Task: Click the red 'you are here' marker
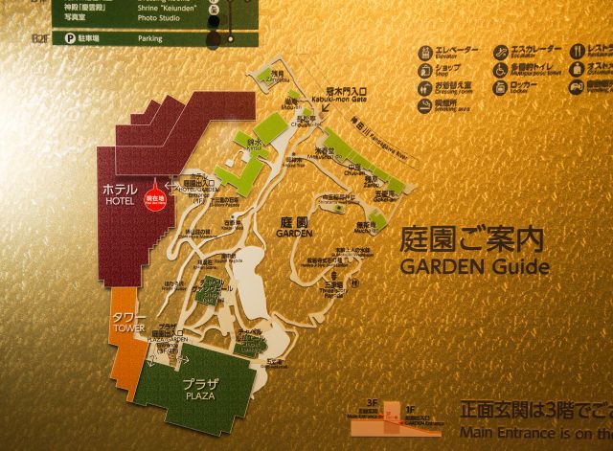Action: point(153,197)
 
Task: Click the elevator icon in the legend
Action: point(425,55)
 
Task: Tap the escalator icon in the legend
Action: point(501,55)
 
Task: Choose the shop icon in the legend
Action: point(425,73)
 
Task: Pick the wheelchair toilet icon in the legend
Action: point(501,72)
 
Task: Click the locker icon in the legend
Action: point(501,89)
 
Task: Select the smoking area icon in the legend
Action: point(425,105)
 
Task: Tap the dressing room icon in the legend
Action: point(425,89)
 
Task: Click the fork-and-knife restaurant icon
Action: point(578,54)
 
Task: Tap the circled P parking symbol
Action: point(70,38)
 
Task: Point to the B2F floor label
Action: point(39,38)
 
